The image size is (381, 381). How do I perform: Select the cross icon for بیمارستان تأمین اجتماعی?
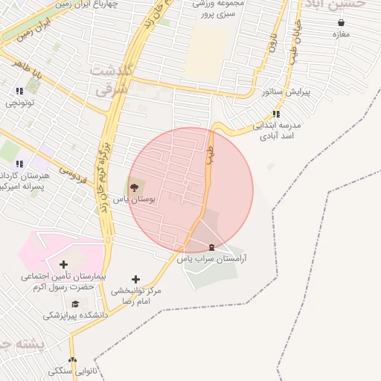[63, 263]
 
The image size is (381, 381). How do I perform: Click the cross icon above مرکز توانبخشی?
[135, 279]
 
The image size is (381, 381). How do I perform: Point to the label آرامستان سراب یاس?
[216, 259]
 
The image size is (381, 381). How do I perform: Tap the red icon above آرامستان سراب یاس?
[212, 246]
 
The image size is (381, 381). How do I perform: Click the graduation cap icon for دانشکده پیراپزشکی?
[75, 304]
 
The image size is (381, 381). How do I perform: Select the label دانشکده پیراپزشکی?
[74, 316]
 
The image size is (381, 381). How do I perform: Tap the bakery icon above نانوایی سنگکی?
[72, 359]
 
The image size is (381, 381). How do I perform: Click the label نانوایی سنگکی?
[71, 371]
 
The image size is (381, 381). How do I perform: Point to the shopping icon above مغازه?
[341, 22]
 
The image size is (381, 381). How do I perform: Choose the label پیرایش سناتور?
[286, 92]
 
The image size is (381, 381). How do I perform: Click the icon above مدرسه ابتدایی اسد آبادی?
[276, 114]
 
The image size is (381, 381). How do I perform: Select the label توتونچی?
[19, 103]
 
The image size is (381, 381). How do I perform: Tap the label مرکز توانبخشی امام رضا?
[136, 296]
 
